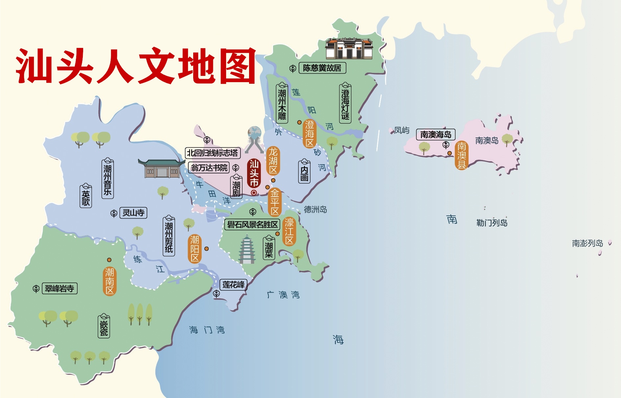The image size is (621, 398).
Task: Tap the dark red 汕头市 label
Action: [x=254, y=173]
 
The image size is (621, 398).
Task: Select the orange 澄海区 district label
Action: [x=310, y=134]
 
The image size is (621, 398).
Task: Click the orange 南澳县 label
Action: [x=462, y=155]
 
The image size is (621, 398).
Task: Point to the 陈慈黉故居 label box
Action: [x=322, y=68]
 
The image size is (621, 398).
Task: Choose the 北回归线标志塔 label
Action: [x=213, y=153]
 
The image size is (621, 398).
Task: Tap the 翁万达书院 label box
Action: [x=209, y=168]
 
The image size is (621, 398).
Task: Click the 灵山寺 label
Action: [x=133, y=213]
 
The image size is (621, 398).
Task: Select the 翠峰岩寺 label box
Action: [x=59, y=289]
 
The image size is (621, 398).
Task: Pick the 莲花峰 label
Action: [x=233, y=284]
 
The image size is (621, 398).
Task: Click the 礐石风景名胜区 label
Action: [x=252, y=225]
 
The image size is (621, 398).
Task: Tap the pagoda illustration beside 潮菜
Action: [x=247, y=250]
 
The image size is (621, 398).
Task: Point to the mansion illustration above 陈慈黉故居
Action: [x=349, y=49]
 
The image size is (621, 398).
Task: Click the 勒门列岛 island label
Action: [x=492, y=223]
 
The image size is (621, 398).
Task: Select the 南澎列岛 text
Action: [x=587, y=243]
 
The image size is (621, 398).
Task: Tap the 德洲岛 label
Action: [x=315, y=210]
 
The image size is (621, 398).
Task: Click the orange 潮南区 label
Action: [x=109, y=281]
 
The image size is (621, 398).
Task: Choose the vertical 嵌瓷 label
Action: [x=104, y=326]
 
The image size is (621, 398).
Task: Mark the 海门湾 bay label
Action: [x=207, y=330]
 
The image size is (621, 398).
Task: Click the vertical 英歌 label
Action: [x=86, y=196]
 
